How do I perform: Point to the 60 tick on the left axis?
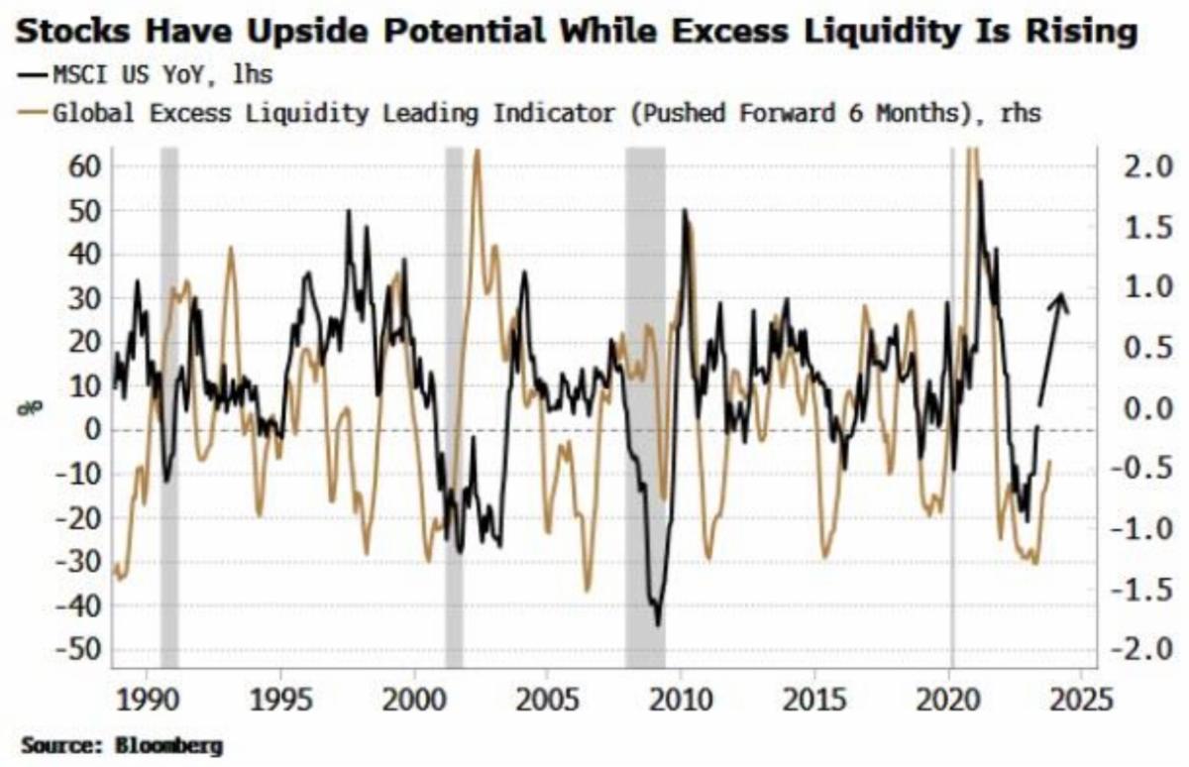84,165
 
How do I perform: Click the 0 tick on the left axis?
95,430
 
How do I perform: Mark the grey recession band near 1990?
169,396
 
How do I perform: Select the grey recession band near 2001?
454,396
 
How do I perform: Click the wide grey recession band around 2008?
645,396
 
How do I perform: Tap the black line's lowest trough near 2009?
657,623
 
